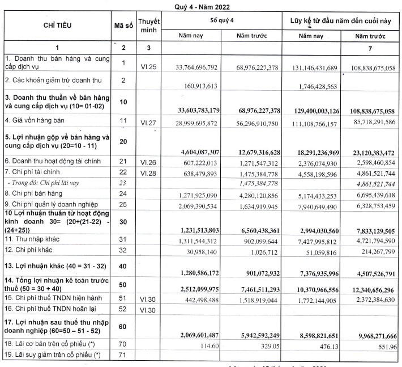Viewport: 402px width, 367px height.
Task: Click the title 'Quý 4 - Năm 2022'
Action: (201, 5)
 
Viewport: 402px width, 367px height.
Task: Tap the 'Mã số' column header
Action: (123, 26)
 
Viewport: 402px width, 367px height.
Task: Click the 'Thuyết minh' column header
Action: (148, 26)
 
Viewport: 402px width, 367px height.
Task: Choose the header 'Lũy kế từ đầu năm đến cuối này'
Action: (340, 20)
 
